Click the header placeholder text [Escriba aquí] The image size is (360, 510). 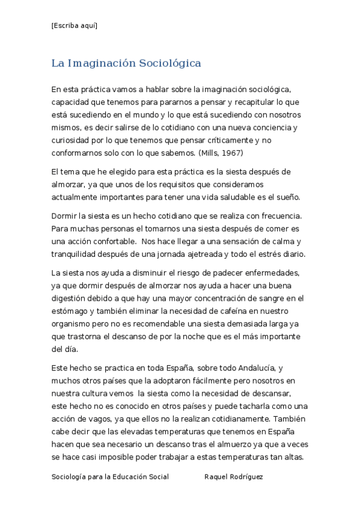75,25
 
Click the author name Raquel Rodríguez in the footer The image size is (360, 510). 234,476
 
